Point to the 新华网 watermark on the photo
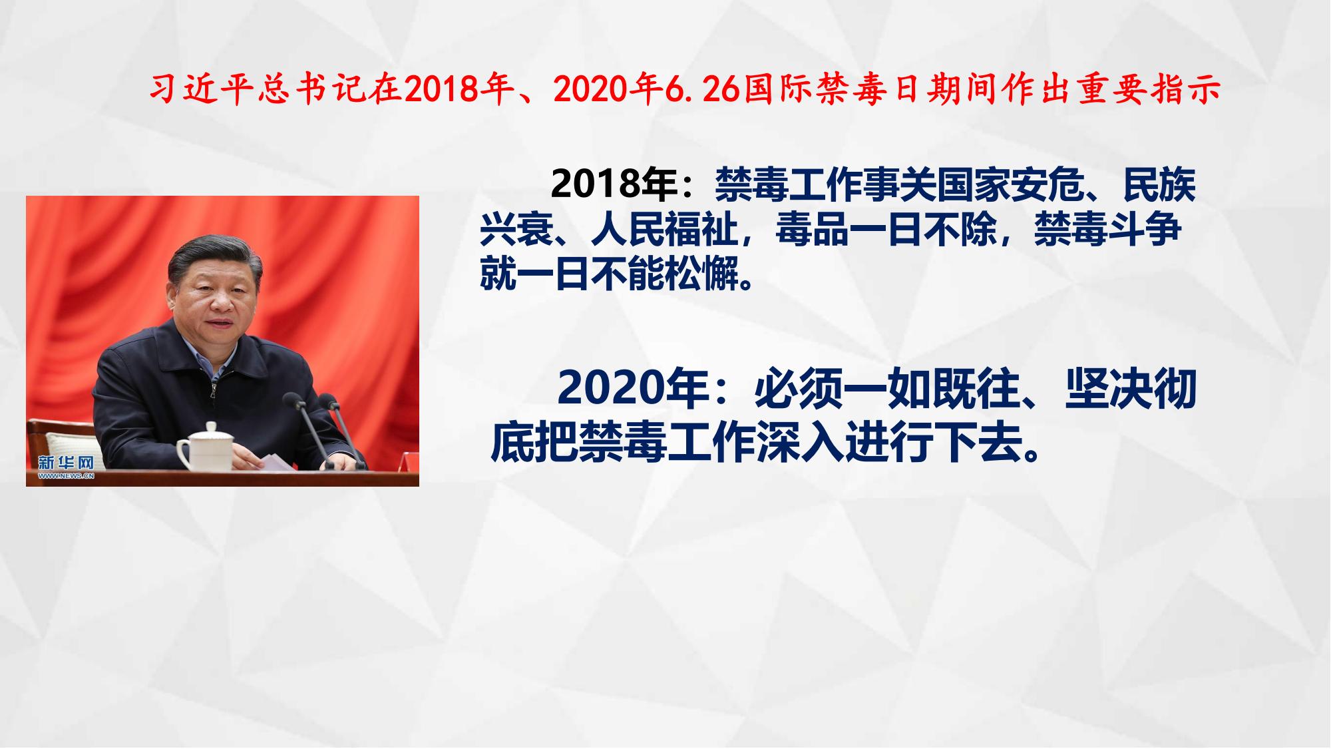pos(66,465)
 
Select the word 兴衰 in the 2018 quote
pos(516,230)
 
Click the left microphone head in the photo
pos(292,401)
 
